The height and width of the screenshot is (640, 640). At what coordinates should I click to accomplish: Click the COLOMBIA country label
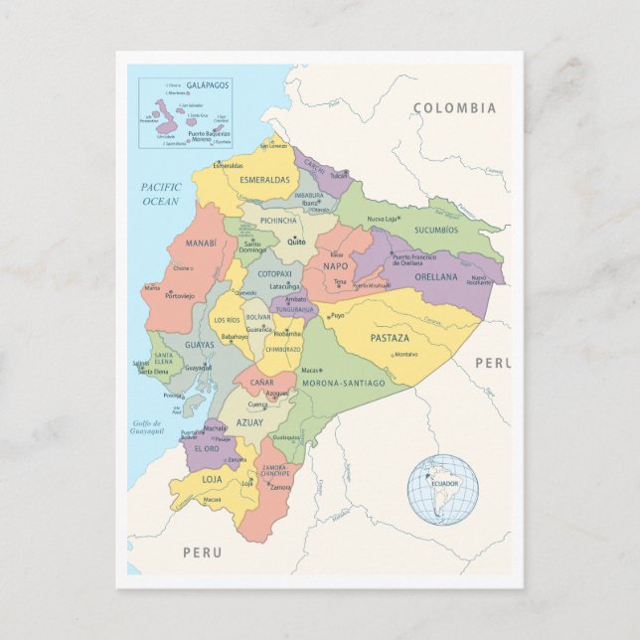coord(454,108)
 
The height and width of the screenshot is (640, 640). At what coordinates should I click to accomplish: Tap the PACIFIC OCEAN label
coord(159,194)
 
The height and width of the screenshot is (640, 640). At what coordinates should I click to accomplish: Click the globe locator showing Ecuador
coord(442,489)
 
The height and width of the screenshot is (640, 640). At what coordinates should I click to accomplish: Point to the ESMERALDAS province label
coord(263,180)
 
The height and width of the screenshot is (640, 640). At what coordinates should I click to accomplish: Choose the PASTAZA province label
coord(390,338)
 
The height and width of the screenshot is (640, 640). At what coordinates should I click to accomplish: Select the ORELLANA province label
coord(435,277)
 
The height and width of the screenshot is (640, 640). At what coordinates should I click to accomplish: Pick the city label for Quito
coord(296,241)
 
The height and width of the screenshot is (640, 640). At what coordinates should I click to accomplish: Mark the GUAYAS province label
coord(199,345)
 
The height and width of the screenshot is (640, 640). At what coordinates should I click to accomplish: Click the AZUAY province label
coord(249,422)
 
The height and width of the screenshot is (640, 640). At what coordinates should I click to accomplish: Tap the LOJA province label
coord(213,479)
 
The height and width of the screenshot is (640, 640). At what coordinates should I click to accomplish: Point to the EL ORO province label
coord(206,449)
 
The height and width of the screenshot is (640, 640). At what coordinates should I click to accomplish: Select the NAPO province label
coord(335,266)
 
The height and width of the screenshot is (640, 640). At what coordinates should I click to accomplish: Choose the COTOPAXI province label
coord(274,274)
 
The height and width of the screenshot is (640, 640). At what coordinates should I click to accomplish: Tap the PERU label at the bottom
coord(202,552)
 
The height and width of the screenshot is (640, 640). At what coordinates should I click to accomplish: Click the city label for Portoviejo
coord(180,296)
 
